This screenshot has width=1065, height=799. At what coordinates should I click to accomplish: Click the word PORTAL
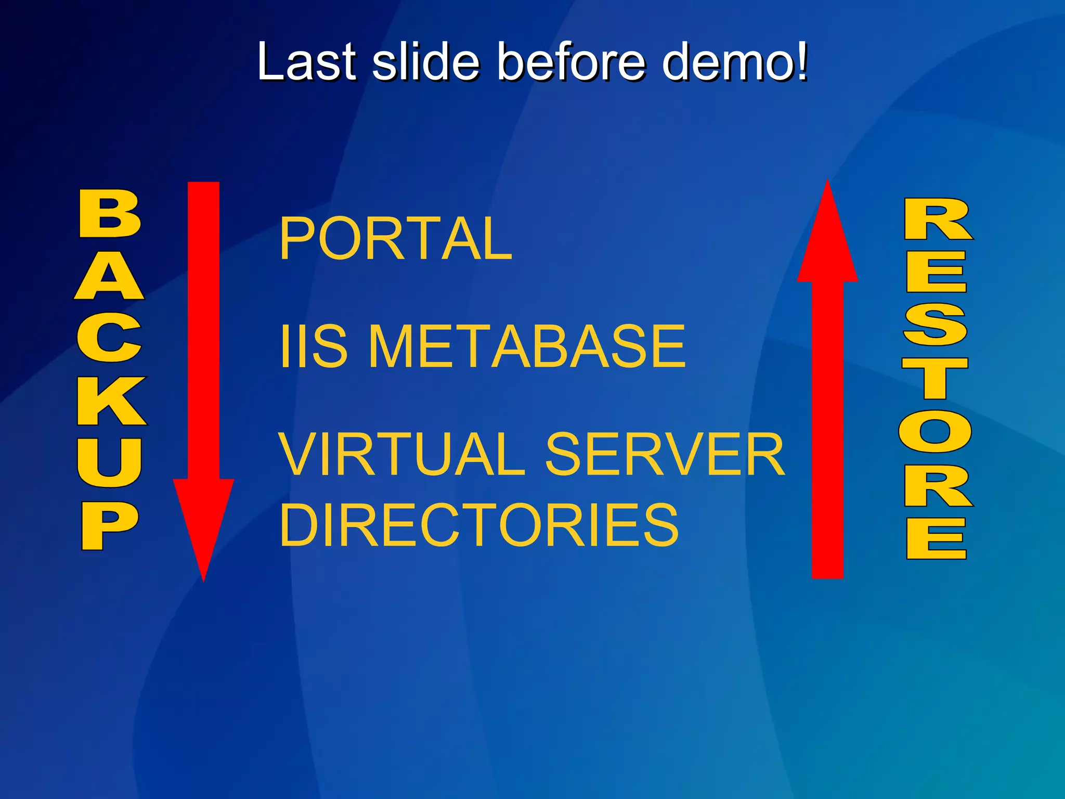[396, 239]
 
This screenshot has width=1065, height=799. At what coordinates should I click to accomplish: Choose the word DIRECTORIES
[479, 525]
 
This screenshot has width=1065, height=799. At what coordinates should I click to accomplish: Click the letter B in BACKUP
[110, 213]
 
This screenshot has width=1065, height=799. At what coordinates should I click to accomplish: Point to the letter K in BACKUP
[111, 401]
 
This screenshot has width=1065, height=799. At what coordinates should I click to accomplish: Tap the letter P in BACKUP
[109, 525]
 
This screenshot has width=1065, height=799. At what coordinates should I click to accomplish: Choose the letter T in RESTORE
[935, 378]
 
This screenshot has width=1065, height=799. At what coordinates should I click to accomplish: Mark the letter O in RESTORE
[935, 431]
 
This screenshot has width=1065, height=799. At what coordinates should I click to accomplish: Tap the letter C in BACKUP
[110, 338]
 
